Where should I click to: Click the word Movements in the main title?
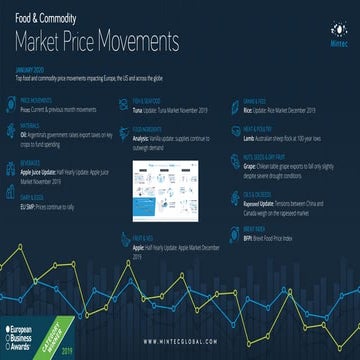[139, 42]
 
